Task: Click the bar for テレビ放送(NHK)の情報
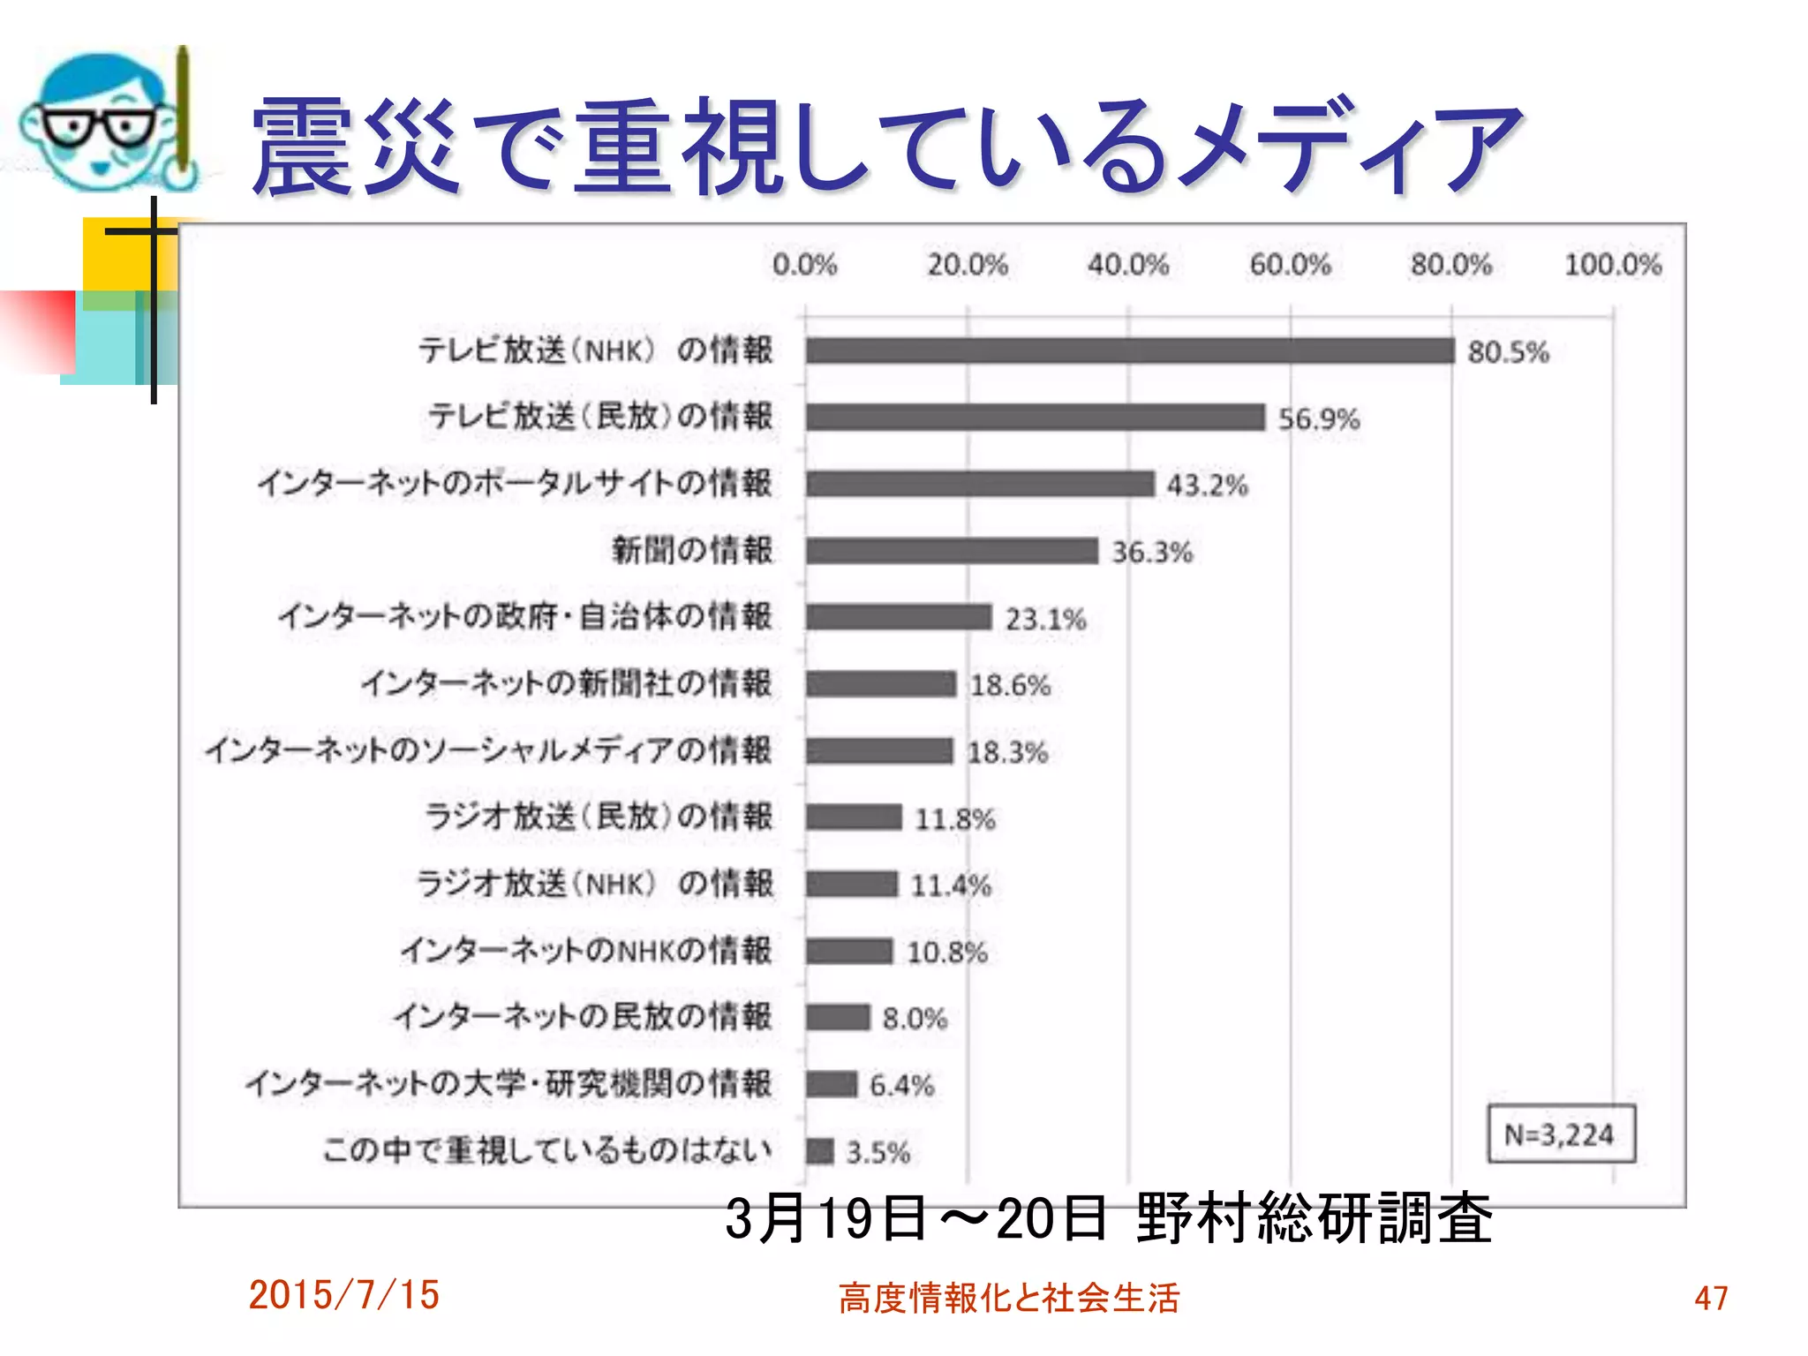coord(1129,350)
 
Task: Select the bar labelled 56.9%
coord(1035,417)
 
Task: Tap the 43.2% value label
coord(1207,485)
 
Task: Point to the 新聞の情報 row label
coord(692,550)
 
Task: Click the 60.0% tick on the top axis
coord(1290,264)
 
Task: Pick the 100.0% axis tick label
coord(1612,264)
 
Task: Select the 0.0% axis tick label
coord(804,264)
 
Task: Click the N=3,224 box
coord(1560,1134)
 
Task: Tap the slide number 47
coord(1711,1298)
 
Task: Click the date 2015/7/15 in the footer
coord(343,1295)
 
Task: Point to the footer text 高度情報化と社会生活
coord(1008,1298)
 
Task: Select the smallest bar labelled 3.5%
coord(819,1151)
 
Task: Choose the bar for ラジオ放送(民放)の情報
coord(854,817)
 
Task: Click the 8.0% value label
coord(915,1019)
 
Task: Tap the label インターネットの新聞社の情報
coord(566,683)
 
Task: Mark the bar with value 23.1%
coord(899,617)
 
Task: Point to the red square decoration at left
coord(37,331)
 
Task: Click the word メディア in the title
coord(1351,146)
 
